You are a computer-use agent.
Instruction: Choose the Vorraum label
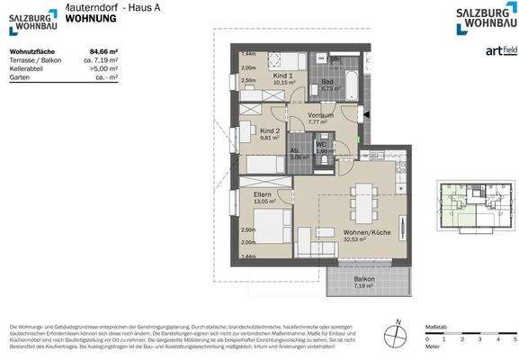320,116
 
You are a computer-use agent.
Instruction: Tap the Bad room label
328,82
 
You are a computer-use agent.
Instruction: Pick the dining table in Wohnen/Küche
364,202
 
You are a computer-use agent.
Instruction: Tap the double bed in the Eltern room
266,220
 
